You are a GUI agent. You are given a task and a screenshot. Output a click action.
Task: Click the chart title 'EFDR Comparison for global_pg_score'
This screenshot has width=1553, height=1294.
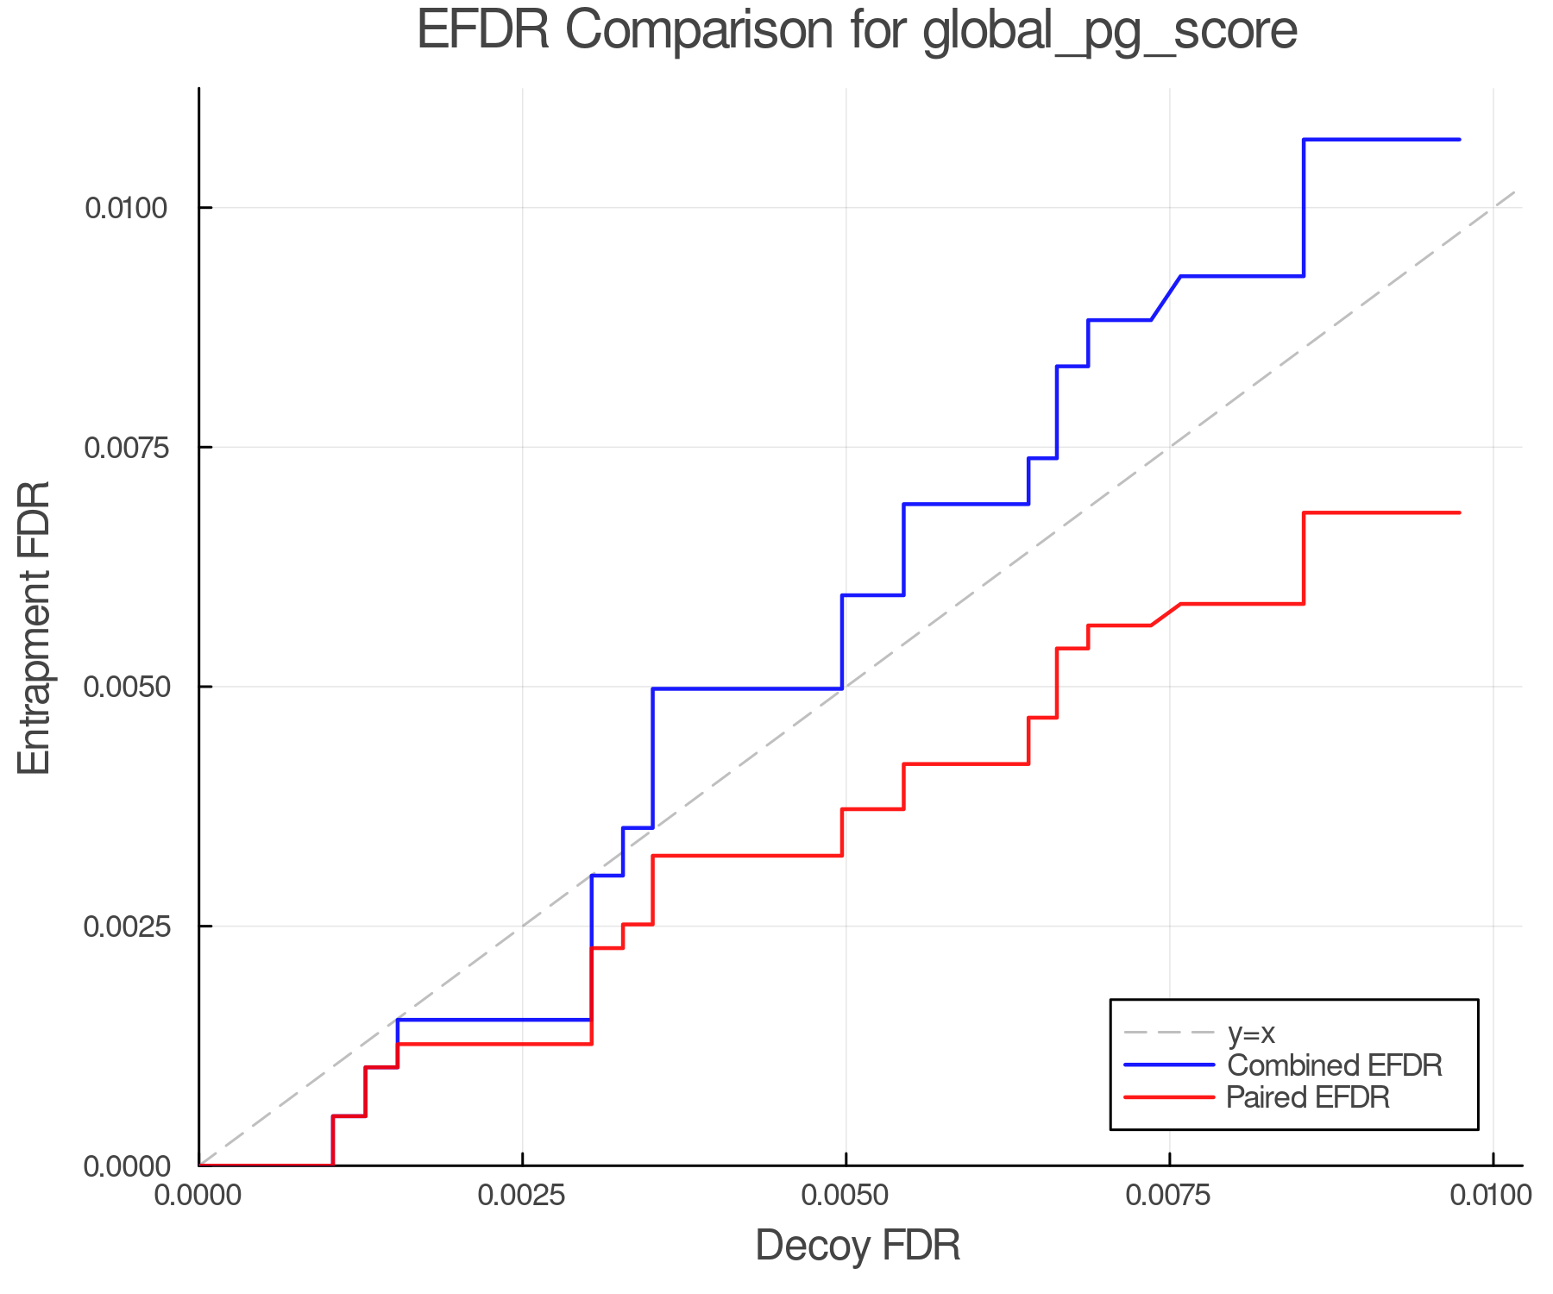point(857,31)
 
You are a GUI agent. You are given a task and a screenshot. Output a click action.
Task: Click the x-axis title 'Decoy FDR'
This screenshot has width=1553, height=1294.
point(858,1246)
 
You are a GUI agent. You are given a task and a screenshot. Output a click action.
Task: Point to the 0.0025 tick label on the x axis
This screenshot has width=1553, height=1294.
point(523,1196)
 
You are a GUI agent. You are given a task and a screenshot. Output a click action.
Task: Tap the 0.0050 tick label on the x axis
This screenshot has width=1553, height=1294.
point(846,1196)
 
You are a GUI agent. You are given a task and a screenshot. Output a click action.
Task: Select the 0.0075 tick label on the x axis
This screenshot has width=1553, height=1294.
point(1170,1196)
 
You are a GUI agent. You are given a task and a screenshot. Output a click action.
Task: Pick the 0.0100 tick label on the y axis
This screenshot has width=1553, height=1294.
point(126,208)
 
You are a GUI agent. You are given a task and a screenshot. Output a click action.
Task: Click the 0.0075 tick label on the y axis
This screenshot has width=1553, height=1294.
point(126,448)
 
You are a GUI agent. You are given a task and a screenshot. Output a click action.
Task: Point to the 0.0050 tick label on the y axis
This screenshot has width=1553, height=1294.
point(126,688)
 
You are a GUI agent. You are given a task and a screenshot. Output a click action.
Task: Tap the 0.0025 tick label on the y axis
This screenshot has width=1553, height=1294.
point(126,927)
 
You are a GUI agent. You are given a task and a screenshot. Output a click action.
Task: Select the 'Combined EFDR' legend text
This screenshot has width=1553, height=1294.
point(1334,1065)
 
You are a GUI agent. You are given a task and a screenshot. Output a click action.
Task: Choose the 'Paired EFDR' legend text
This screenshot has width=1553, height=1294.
point(1308,1097)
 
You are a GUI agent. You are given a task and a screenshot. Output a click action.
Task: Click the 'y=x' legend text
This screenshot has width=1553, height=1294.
point(1251,1033)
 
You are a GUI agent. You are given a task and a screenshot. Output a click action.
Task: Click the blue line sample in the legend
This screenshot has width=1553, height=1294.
point(1169,1065)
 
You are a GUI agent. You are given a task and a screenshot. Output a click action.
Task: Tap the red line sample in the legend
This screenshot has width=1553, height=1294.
point(1169,1097)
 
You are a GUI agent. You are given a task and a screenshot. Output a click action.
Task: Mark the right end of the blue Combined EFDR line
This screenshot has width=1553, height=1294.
point(1459,140)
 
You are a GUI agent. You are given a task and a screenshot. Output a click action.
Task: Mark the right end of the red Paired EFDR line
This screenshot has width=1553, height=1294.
point(1459,512)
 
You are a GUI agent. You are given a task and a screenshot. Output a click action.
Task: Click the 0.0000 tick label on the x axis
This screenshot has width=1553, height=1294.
point(199,1196)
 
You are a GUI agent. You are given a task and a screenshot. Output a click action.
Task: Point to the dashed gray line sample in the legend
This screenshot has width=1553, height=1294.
point(1169,1033)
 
